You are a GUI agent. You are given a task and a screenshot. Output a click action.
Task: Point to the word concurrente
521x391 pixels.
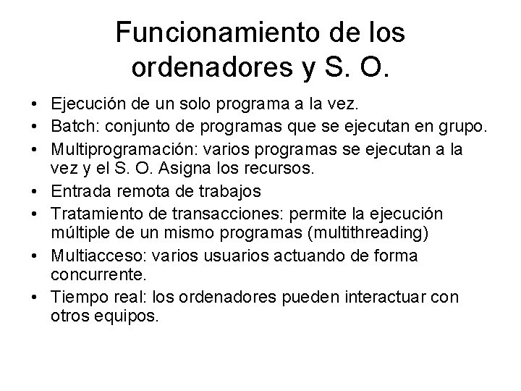(97, 276)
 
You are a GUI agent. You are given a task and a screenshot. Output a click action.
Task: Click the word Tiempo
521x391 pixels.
(76, 296)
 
